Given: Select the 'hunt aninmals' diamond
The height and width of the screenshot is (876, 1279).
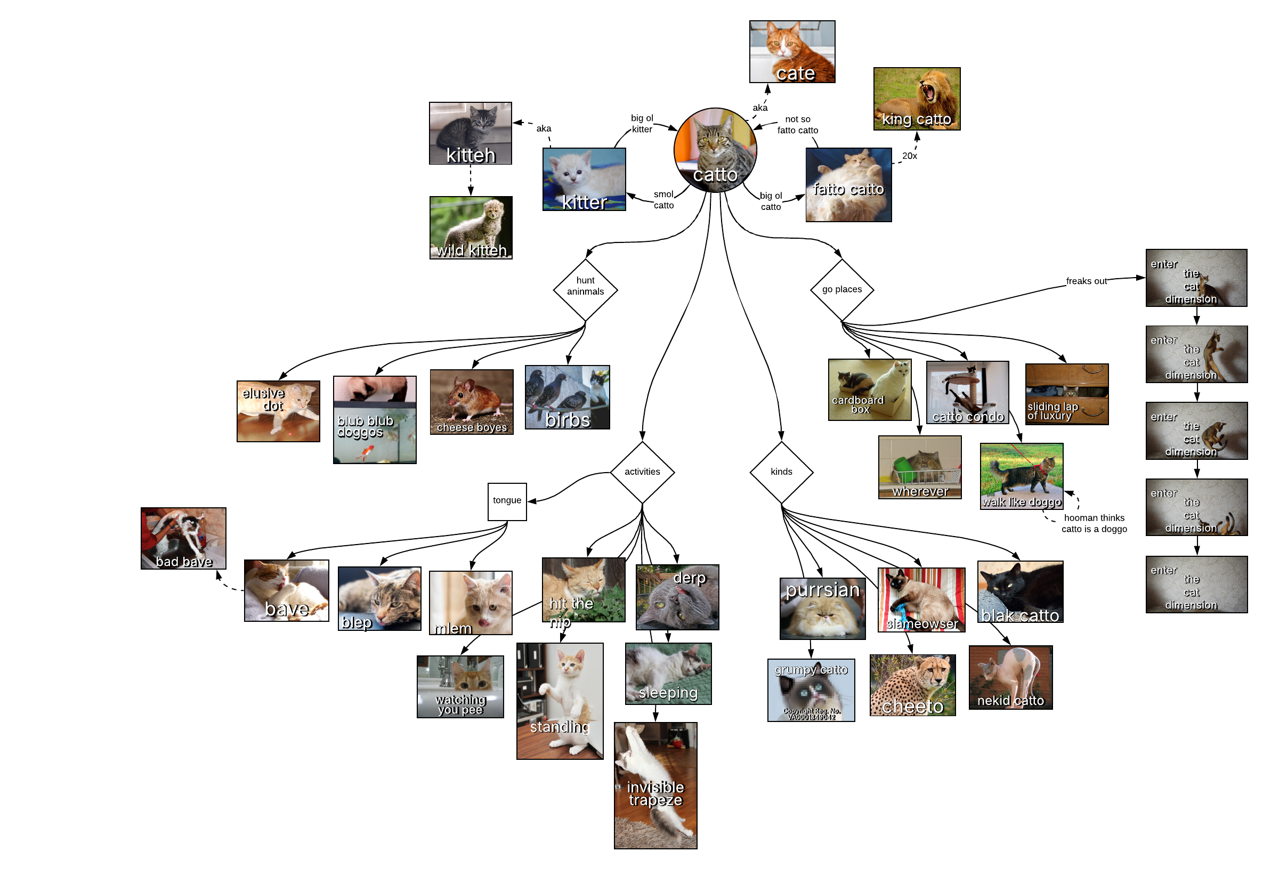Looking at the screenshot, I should [585, 289].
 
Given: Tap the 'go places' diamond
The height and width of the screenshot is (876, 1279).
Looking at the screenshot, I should [841, 289].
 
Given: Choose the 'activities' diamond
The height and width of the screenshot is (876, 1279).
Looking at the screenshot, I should [642, 472].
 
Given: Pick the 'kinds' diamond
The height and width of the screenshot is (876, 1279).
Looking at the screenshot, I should [781, 472].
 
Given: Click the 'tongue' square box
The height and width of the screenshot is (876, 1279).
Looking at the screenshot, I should [507, 501].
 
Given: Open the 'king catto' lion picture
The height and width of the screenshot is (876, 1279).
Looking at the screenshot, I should [916, 99].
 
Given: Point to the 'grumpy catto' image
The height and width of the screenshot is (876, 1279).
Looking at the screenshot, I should [811, 690].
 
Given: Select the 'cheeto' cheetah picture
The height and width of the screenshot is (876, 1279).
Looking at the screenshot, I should [912, 685].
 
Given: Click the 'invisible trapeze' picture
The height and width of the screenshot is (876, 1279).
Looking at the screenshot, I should [655, 785].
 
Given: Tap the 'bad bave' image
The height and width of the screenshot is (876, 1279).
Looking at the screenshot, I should [183, 538].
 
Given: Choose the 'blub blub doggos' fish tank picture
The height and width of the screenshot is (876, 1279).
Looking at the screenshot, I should [374, 420].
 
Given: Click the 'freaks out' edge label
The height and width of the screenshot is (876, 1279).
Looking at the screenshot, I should [1086, 281].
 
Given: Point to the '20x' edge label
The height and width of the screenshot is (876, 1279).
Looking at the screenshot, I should [909, 156].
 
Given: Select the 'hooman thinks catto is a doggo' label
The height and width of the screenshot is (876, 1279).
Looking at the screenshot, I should [1094, 523].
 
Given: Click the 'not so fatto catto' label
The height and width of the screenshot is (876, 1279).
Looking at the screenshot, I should [797, 125].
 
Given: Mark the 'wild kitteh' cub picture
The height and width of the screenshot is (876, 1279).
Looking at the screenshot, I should [471, 228].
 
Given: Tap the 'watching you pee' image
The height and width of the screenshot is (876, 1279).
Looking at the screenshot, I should [460, 687].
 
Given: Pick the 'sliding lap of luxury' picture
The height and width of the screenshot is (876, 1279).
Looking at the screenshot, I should [1066, 394].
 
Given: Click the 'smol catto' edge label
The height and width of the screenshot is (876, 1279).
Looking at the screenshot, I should [663, 200].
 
